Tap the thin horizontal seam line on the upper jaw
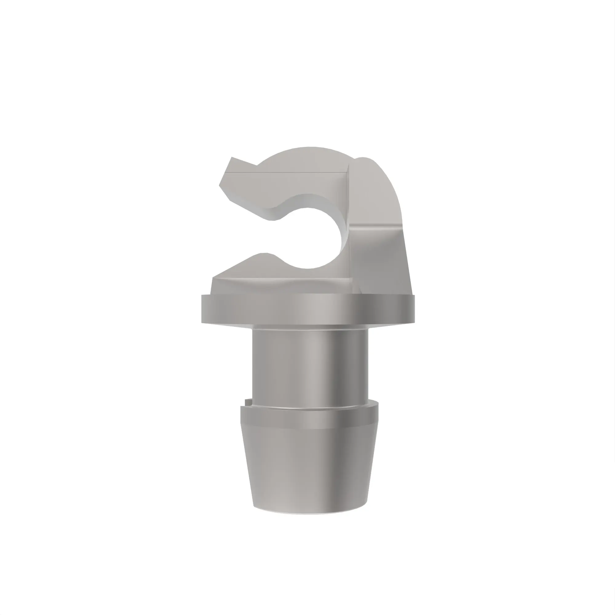[x=287, y=173]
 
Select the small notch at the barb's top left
[x=247, y=402]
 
